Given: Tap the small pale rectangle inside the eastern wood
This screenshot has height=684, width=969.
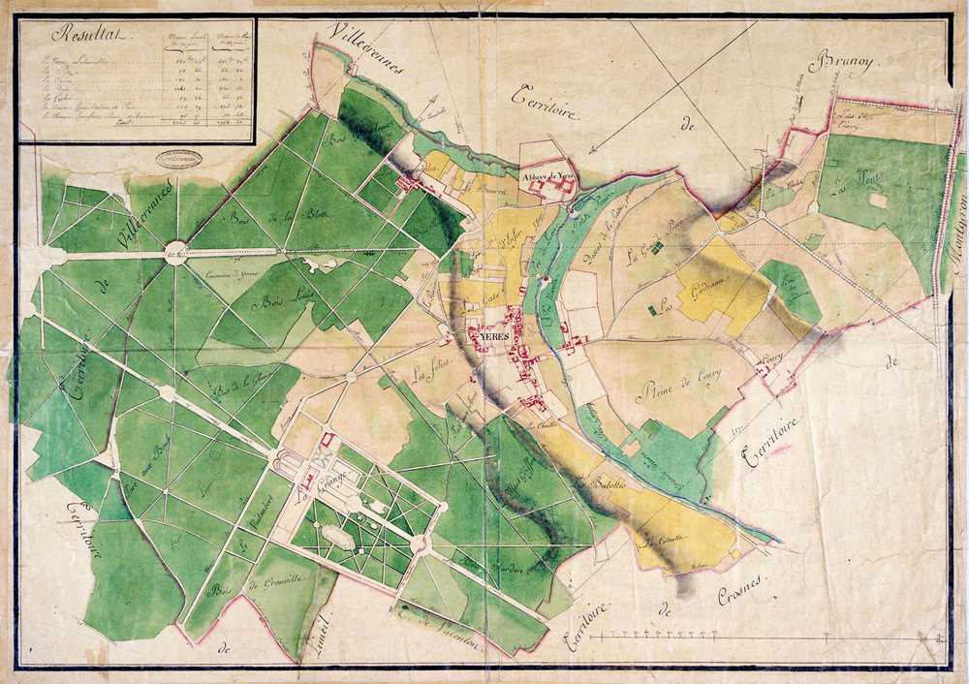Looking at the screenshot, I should click(878, 200).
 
